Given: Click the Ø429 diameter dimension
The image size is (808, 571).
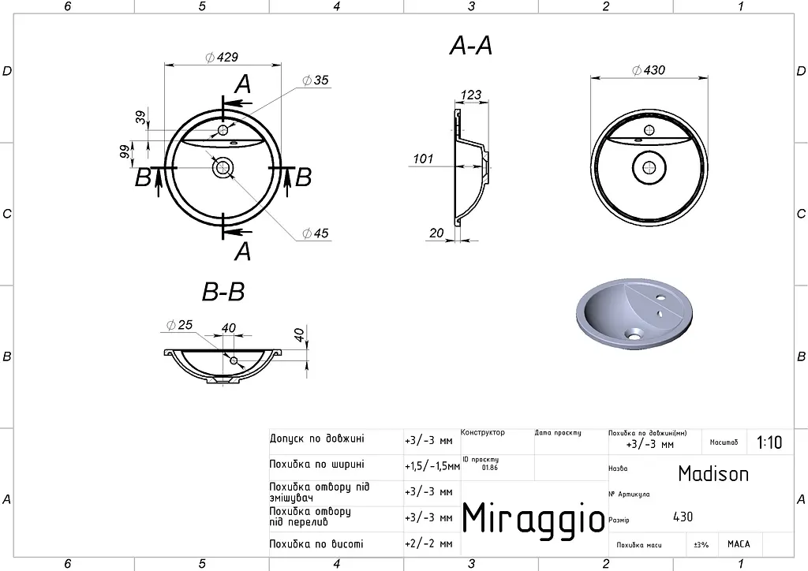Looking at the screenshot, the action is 222,57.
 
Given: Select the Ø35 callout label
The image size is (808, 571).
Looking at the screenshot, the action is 316,80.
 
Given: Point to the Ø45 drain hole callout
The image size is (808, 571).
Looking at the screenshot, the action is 316,233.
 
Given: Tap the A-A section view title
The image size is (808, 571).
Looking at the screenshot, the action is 471,46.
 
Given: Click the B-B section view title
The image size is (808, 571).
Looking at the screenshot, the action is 223,292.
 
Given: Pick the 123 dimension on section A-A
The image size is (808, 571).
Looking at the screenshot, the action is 471,95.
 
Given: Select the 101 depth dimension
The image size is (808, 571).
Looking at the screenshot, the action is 423,159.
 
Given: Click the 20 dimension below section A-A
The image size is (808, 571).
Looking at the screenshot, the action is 436,233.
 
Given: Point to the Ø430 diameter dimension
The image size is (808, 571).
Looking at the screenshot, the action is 649,70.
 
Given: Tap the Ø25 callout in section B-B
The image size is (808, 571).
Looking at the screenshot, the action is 179,325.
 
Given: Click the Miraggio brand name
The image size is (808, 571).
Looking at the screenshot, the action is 533,517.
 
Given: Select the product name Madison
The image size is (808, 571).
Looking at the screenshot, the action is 713,474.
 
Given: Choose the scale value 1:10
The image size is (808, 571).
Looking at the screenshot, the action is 769,442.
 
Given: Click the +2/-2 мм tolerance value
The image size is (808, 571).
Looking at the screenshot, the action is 428,543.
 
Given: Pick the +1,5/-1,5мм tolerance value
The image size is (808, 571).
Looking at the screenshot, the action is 432,466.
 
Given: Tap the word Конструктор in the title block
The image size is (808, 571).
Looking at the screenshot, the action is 483,432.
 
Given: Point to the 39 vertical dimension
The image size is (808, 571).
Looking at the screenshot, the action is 140,118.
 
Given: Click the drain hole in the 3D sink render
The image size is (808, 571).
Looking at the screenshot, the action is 633,335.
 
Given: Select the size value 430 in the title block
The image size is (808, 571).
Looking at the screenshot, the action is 683,517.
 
